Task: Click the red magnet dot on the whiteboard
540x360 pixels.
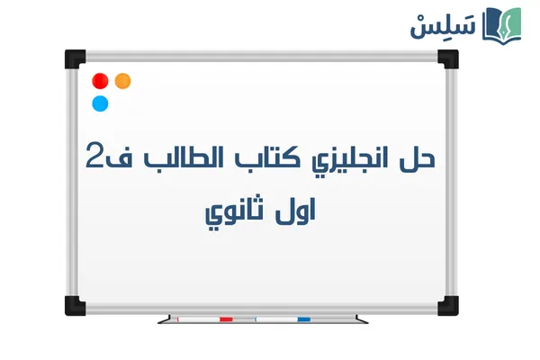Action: coord(101,81)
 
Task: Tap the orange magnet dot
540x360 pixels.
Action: coord(123,81)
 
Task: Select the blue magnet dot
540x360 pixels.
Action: coord(101,103)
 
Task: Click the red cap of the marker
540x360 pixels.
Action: coord(226,319)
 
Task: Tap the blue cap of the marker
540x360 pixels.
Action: coord(303,319)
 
